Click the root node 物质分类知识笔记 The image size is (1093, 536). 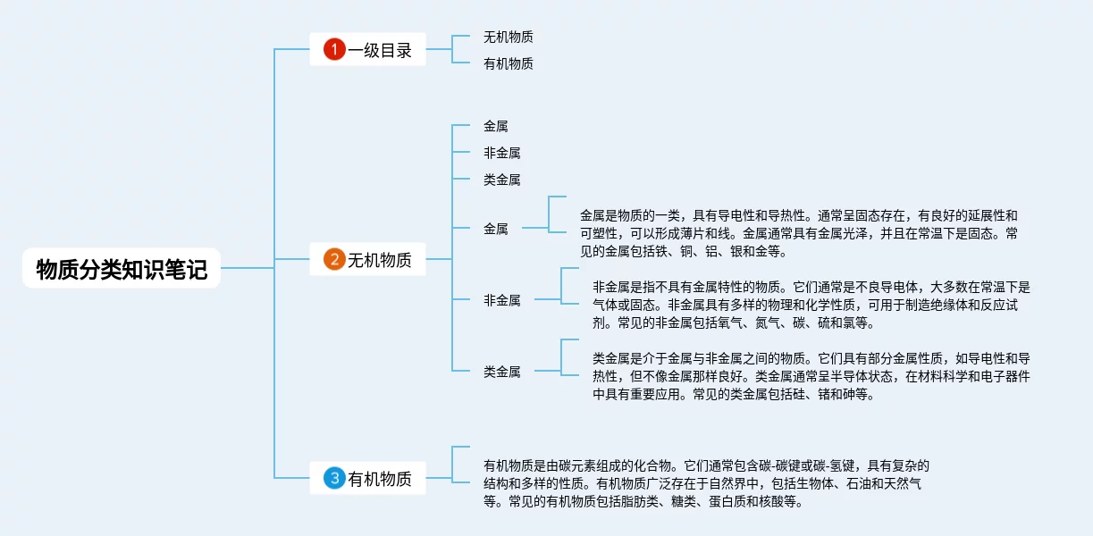click(x=122, y=269)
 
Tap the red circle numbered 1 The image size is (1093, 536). click(x=334, y=50)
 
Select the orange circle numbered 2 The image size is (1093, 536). click(x=334, y=260)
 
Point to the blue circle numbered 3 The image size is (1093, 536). click(x=334, y=478)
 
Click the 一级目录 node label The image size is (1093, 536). click(x=380, y=50)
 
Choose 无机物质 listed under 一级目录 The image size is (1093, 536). click(x=508, y=38)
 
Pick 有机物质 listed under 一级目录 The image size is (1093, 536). click(x=508, y=63)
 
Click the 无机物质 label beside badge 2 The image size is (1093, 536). click(x=380, y=260)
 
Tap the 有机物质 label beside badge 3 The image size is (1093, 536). click(x=380, y=478)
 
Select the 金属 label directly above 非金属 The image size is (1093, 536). click(x=495, y=127)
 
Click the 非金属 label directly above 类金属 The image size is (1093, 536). click(x=501, y=153)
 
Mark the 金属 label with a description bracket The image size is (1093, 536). click(x=495, y=229)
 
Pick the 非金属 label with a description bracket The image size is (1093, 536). click(x=501, y=300)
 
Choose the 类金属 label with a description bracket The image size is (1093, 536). click(x=501, y=372)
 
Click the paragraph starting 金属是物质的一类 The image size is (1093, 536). click(x=798, y=233)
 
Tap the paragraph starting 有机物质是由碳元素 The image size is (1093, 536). click(x=706, y=483)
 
